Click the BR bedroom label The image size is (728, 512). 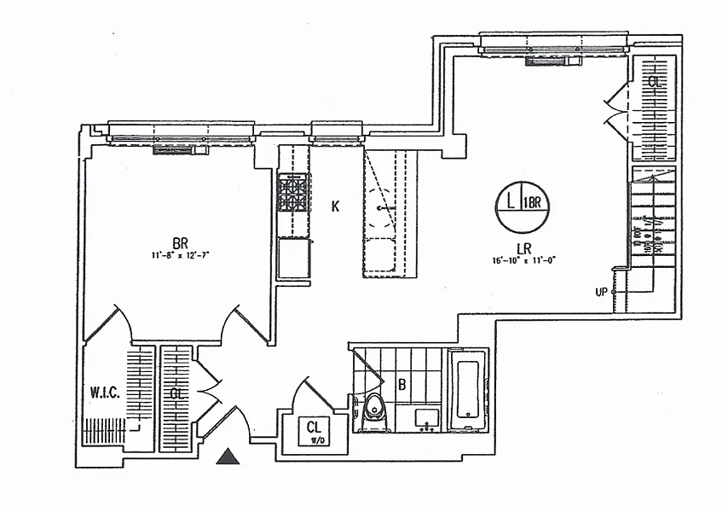pos(180,241)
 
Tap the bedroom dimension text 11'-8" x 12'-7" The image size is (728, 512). pos(180,254)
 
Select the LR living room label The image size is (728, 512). pos(519,247)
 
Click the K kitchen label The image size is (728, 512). pos(336,206)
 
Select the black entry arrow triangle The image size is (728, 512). pos(227,457)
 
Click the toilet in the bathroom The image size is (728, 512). pos(373,413)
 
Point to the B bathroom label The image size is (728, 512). pos(401,384)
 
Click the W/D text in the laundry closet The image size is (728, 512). pos(315,440)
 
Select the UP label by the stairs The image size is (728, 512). pos(601,292)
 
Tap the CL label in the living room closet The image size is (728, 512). pos(655,83)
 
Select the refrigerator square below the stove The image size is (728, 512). pos(293,256)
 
